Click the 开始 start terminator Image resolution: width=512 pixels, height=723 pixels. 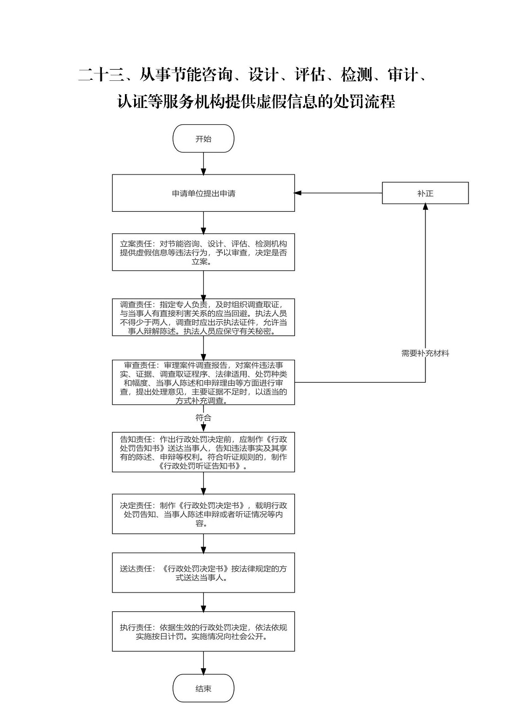click(x=203, y=139)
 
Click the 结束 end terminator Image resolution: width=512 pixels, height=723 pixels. click(x=203, y=688)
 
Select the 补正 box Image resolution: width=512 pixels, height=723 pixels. click(x=425, y=193)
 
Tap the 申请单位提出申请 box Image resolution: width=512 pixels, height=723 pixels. click(x=203, y=193)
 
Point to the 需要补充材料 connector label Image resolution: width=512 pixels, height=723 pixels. click(x=425, y=353)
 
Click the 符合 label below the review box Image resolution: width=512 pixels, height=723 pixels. click(x=203, y=418)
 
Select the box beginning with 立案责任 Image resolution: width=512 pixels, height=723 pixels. click(x=203, y=252)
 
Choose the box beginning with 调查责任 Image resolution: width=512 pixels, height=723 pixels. click(x=203, y=317)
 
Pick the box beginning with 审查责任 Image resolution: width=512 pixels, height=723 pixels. click(x=203, y=383)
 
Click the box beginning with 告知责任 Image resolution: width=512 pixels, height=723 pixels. click(x=203, y=452)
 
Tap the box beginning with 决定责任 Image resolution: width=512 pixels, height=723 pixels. click(x=203, y=514)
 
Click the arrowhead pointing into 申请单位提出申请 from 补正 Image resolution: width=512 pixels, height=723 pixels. click(x=297, y=193)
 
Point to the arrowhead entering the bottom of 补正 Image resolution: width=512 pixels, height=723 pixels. click(x=425, y=207)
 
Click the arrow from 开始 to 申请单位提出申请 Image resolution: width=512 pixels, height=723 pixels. click(x=203, y=164)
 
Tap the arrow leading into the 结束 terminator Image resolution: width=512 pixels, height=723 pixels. click(x=203, y=663)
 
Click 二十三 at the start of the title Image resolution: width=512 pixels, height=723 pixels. click(x=101, y=75)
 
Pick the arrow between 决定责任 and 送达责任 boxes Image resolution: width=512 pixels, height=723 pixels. click(x=203, y=543)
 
